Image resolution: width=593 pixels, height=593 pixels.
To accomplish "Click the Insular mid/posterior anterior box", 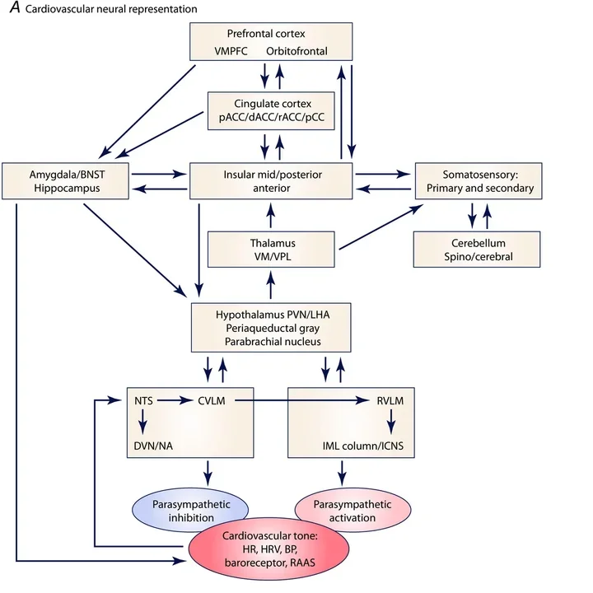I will (271, 181).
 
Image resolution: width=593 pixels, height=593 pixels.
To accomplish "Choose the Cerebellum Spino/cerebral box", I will (476, 250).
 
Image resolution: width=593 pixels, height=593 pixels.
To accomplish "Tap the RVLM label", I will (390, 401).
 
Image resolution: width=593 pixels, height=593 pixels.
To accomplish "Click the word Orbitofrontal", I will (296, 51).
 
